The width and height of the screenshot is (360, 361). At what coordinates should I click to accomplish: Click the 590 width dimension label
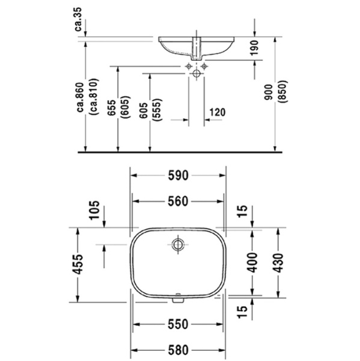tap(178, 175)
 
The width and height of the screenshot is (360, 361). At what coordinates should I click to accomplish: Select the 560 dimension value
tap(178, 200)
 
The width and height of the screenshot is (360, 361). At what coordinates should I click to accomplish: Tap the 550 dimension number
tap(178, 322)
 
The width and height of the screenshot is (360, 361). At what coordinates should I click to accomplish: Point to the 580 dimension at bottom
tap(178, 348)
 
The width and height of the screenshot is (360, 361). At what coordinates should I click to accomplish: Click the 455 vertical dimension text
tap(78, 262)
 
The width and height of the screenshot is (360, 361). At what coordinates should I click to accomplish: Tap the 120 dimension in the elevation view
tap(218, 112)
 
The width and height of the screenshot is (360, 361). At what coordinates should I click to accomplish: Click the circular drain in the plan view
tap(177, 244)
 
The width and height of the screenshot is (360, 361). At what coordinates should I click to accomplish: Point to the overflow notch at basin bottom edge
tap(177, 297)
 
